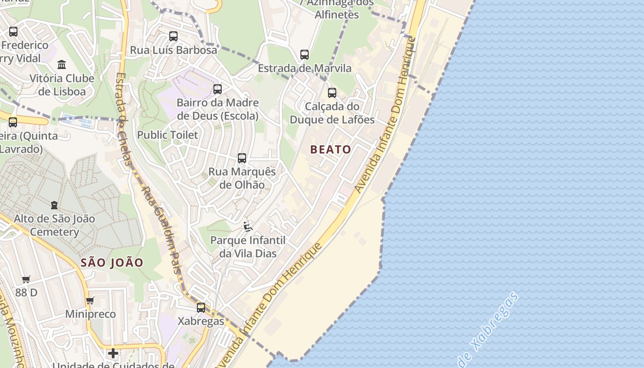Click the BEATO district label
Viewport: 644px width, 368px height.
point(330,149)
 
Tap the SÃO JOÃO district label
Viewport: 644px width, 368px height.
point(112,263)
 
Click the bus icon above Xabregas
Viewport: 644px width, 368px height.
point(201,308)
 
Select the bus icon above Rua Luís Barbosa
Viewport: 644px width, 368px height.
point(173,36)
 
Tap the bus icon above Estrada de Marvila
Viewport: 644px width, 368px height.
point(305,55)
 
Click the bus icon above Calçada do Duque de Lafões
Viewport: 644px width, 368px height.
point(332,93)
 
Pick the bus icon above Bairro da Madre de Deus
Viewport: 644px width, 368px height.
point(218,89)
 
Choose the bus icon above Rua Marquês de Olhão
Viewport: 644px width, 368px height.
point(242,158)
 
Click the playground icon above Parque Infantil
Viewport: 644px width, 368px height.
point(248,227)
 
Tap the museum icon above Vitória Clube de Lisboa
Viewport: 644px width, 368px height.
point(62,64)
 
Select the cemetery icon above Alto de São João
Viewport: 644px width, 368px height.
point(54,205)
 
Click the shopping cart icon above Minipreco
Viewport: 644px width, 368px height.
point(90,301)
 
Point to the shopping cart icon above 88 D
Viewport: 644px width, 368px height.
point(26,279)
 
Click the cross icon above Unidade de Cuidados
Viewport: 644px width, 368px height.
point(113,353)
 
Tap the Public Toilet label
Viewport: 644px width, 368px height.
point(167,135)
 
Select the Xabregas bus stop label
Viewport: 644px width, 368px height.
point(201,321)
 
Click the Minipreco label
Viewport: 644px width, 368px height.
point(90,314)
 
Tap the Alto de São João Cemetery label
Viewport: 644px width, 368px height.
point(54,225)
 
